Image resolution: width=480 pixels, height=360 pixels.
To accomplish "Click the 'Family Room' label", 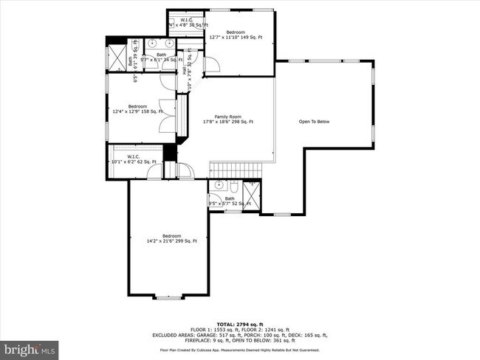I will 228,117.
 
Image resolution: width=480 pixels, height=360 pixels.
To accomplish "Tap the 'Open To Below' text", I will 314,121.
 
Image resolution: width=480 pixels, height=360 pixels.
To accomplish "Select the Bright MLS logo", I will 30,347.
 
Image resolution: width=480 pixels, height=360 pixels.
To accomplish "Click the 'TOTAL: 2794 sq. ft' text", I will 240,324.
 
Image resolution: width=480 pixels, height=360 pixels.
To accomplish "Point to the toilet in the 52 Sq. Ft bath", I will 233,187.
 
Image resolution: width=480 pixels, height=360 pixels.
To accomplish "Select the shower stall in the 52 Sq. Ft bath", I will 251,194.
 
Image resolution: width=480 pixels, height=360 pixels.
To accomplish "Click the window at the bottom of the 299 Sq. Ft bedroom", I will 165,297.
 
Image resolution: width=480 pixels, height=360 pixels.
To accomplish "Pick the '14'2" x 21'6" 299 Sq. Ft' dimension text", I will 167,240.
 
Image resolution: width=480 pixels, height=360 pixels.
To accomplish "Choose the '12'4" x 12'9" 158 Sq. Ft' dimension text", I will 137,111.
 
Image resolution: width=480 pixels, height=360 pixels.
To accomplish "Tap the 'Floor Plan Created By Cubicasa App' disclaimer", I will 240,350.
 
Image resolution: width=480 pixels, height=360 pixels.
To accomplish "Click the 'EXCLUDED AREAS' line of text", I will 240,335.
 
